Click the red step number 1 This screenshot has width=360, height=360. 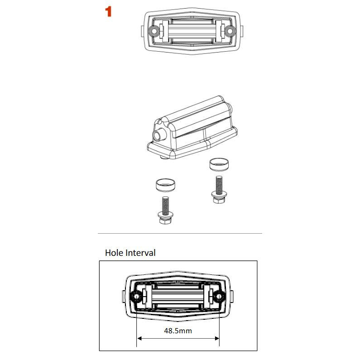pos(108,11)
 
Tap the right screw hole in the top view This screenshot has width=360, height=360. pos(230,30)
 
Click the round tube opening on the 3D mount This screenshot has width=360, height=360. pos(158,136)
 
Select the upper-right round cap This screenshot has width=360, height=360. pos(219,164)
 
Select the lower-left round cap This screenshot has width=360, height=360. pos(165,185)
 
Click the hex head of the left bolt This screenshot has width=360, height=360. pos(166,220)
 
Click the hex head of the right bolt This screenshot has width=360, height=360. pos(219,200)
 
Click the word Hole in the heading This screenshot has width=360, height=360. pos(114,253)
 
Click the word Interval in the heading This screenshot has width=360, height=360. pos(140,253)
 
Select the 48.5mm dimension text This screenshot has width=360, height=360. pos(178,331)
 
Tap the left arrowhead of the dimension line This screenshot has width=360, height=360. pos(139,338)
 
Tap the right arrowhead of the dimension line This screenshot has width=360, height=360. pos(217,338)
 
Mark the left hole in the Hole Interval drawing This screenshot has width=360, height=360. pos(136,297)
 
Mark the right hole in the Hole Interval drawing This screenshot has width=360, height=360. pos(219,297)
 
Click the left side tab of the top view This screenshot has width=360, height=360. pos(142,31)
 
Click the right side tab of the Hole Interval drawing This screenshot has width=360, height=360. pos(232,296)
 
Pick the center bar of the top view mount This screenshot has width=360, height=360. pos(192,31)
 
